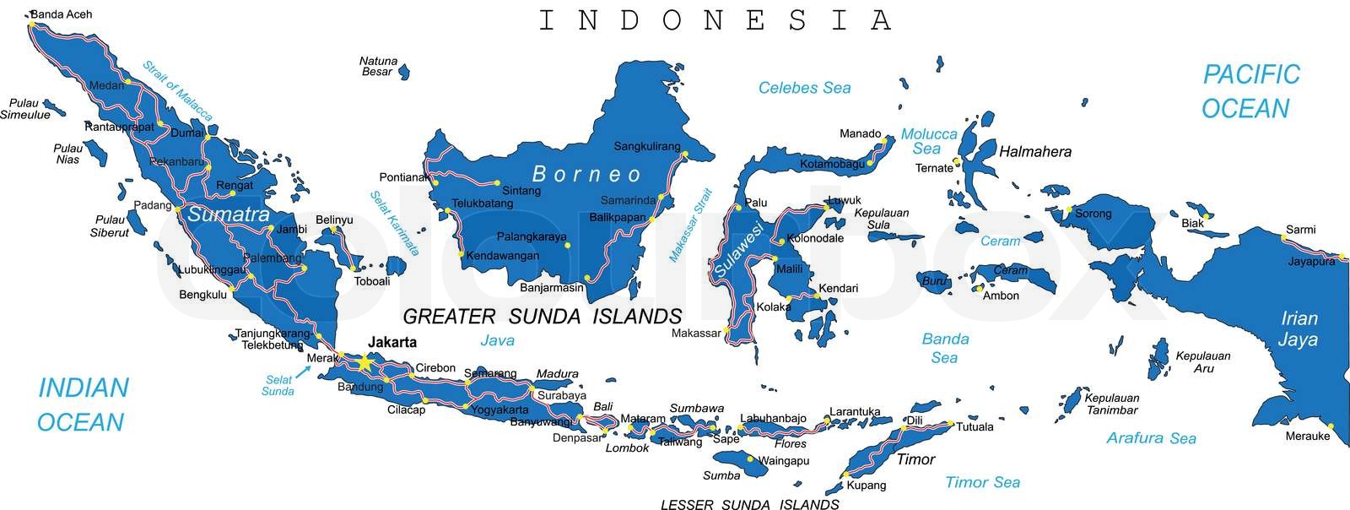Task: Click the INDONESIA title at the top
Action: [715, 20]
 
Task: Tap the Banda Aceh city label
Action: [61, 14]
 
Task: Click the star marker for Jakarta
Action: [364, 362]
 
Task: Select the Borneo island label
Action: [587, 175]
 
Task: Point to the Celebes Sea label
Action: [804, 88]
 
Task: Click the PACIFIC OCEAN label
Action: [1250, 91]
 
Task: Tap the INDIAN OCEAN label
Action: [83, 404]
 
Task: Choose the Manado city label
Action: [860, 133]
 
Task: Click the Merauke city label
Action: [1307, 436]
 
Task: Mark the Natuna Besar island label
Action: [377, 66]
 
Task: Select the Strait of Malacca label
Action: [177, 90]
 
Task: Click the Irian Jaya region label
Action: [1299, 329]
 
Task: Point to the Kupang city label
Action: [867, 485]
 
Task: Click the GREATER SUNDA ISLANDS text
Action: [542, 317]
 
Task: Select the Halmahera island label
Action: [1034, 152]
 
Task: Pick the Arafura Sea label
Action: [1151, 437]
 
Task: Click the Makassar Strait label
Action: [690, 225]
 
